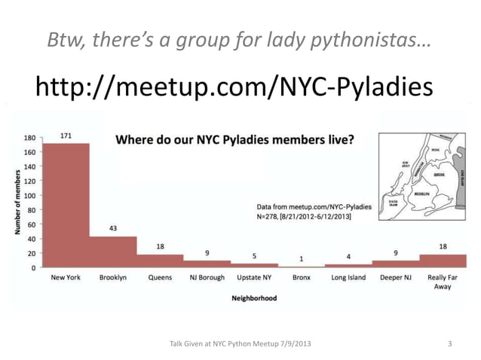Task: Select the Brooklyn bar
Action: pyautogui.click(x=113, y=252)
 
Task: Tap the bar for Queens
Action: pyautogui.click(x=160, y=261)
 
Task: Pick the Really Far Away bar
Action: pyautogui.click(x=443, y=261)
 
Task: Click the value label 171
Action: pyautogui.click(x=66, y=136)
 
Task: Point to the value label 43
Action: pyautogui.click(x=112, y=228)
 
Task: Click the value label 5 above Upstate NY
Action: pyautogui.click(x=254, y=255)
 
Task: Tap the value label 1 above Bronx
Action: pyautogui.click(x=301, y=259)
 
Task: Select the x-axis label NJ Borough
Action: pyautogui.click(x=207, y=278)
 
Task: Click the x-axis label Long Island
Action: pyautogui.click(x=348, y=278)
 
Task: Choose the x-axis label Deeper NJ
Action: pyautogui.click(x=395, y=278)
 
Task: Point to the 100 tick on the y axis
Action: pyautogui.click(x=29, y=196)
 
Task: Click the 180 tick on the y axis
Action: pyautogui.click(x=29, y=138)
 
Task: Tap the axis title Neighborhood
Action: pyautogui.click(x=254, y=298)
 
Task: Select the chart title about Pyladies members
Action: pyautogui.click(x=234, y=139)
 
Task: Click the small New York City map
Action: pyautogui.click(x=419, y=171)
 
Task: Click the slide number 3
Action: pyautogui.click(x=450, y=344)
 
